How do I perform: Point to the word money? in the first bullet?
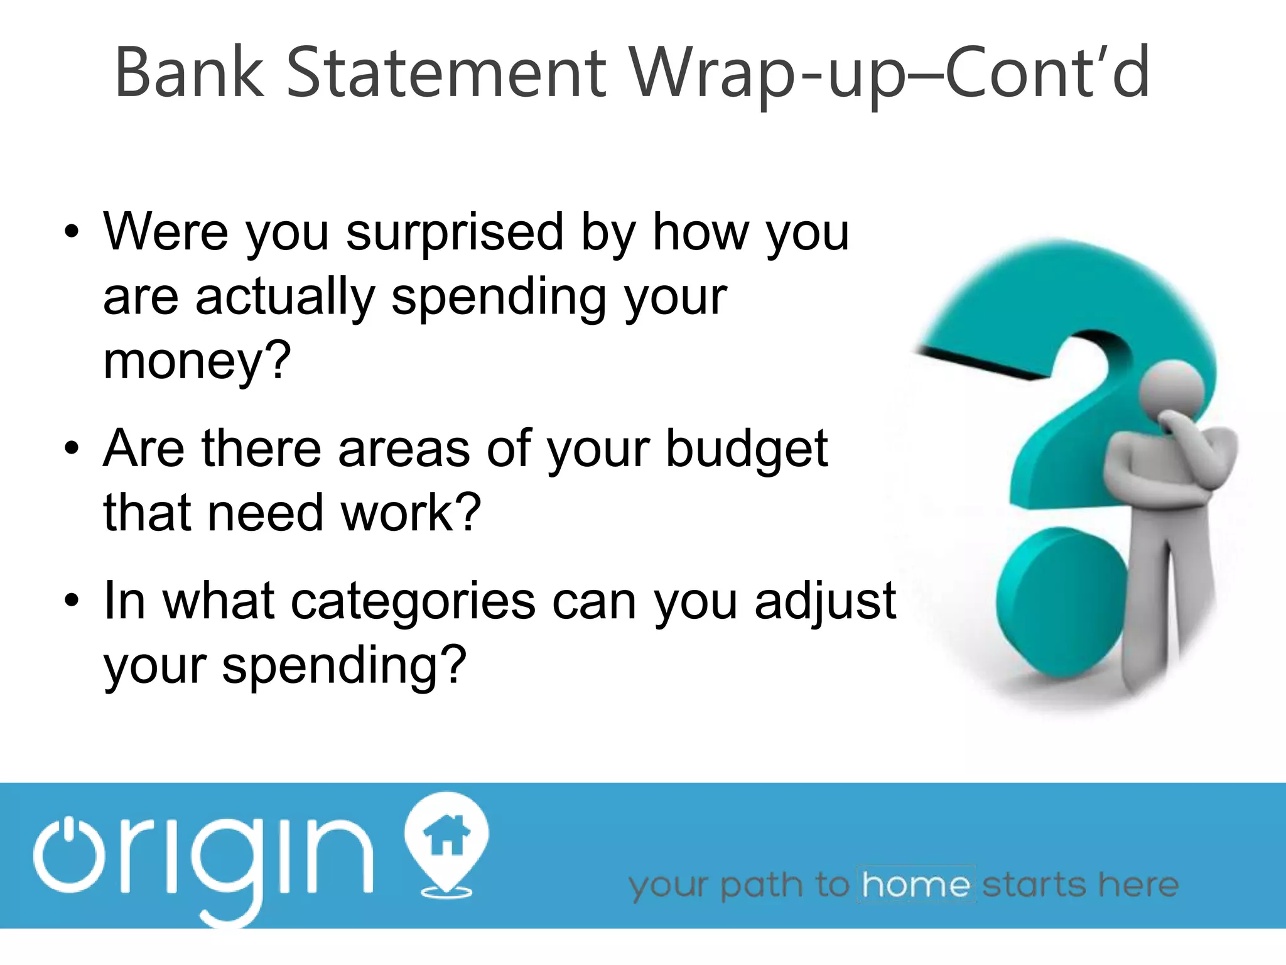tap(197, 362)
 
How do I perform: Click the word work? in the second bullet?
tap(411, 513)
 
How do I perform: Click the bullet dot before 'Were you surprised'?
tap(72, 232)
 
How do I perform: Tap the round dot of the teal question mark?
tap(1061, 601)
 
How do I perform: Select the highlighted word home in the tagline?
tap(916, 885)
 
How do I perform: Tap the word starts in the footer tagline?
tap(1035, 885)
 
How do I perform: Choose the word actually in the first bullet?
tap(286, 298)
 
